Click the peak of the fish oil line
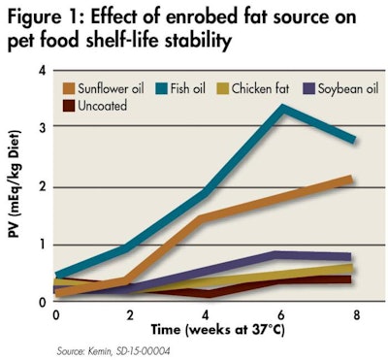point(282,108)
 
